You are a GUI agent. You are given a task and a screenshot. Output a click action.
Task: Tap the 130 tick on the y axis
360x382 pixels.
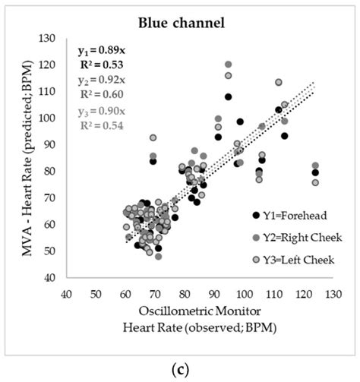point(53,38)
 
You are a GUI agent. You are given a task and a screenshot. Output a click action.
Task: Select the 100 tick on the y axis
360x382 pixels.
point(53,118)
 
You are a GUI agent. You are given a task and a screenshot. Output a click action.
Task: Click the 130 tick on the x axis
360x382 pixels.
point(333,293)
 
